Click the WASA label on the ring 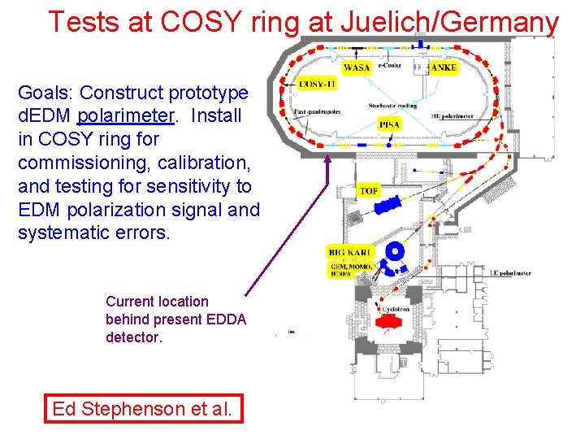pos(357,67)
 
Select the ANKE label pos(444,67)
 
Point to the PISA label pos(389,124)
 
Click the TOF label pos(370,190)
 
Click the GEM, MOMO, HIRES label pos(351,271)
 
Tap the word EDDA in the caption pos(227,319)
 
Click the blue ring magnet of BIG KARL pos(395,251)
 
